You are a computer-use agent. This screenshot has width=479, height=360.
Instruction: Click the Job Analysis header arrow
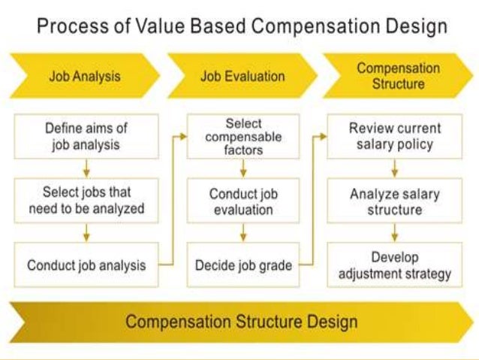pyautogui.click(x=84, y=76)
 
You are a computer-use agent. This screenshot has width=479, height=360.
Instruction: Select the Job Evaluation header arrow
pyautogui.click(x=242, y=76)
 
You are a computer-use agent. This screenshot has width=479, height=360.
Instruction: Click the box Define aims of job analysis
pyautogui.click(x=86, y=135)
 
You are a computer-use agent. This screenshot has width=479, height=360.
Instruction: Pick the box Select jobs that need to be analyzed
pyautogui.click(x=86, y=200)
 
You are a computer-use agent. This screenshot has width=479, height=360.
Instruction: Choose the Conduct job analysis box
pyautogui.click(x=86, y=265)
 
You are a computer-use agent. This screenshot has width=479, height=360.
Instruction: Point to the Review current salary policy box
pyautogui.click(x=395, y=136)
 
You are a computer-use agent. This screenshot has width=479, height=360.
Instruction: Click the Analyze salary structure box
pyautogui.click(x=395, y=201)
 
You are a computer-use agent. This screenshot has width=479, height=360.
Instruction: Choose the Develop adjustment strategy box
pyautogui.click(x=395, y=265)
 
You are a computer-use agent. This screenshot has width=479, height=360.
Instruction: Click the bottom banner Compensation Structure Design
pyautogui.click(x=240, y=322)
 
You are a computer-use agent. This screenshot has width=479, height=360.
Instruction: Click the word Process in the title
pyautogui.click(x=70, y=28)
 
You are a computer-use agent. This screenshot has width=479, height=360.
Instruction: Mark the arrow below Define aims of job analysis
pyautogui.click(x=86, y=168)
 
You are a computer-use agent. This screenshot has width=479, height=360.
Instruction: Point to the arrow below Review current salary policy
pyautogui.click(x=395, y=168)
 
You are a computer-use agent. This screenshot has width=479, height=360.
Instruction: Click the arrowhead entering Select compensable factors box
pyautogui.click(x=182, y=137)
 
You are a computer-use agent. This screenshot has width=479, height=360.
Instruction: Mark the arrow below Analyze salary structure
pyautogui.click(x=395, y=233)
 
